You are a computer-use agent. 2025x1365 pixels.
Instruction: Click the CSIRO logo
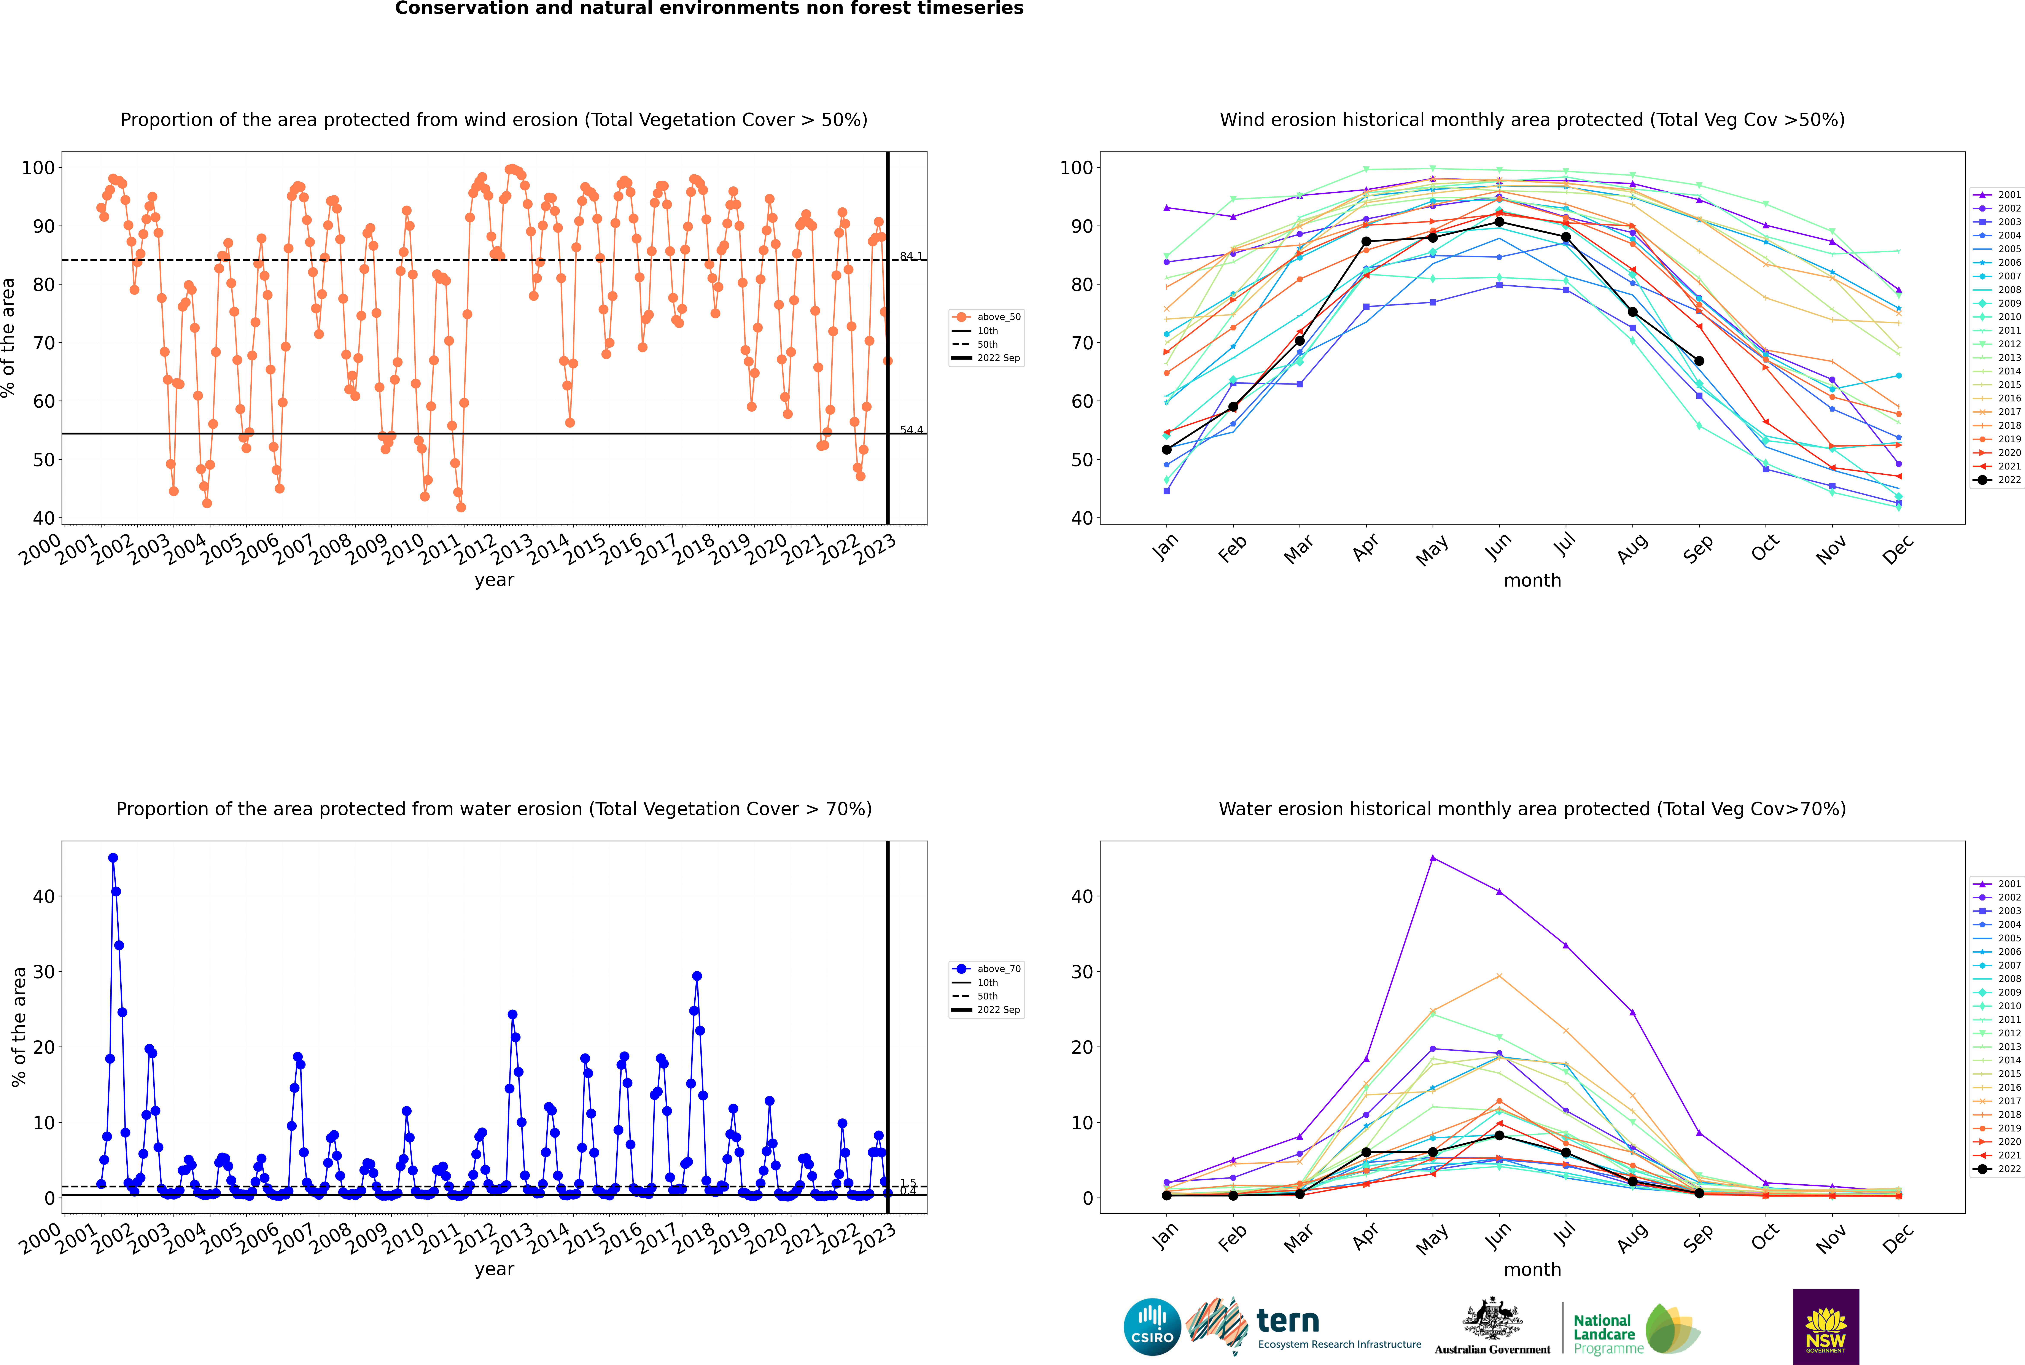(1152, 1327)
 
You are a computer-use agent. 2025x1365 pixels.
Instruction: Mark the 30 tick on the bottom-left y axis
(43, 972)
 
